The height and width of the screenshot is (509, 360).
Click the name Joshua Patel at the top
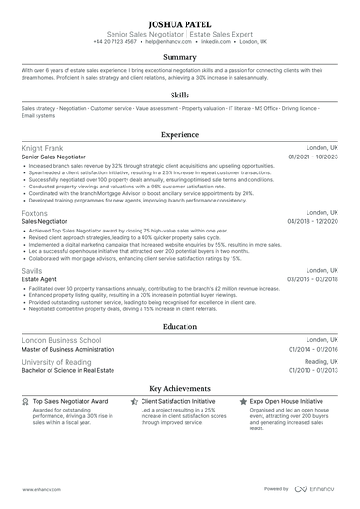(x=180, y=22)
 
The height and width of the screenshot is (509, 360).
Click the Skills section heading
(x=180, y=95)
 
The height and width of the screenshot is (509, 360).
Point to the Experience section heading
(x=180, y=134)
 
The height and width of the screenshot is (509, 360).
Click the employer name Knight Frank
(x=42, y=148)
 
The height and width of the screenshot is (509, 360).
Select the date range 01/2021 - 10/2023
(x=313, y=157)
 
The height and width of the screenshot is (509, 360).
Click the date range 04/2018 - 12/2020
(x=313, y=221)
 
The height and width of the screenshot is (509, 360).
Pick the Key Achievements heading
(x=180, y=387)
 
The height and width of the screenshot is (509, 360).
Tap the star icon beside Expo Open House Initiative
(x=244, y=400)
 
